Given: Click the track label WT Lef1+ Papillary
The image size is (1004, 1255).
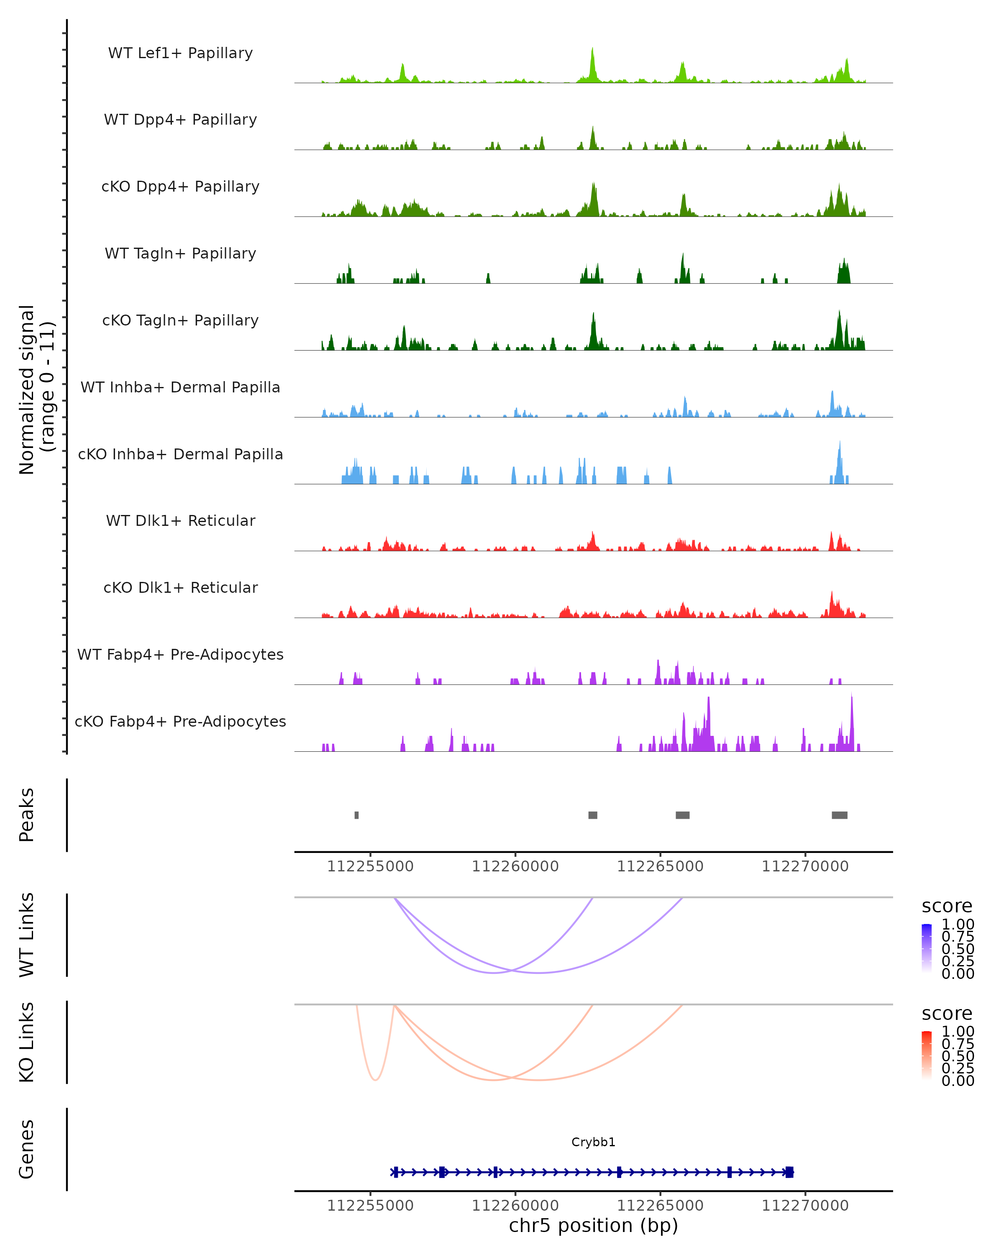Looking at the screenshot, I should tap(180, 53).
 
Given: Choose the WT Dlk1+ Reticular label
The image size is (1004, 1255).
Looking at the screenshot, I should tap(180, 520).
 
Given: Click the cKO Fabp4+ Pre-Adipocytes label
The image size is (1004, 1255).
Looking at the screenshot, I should tap(180, 721).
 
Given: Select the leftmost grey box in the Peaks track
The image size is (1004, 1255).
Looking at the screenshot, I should tap(357, 815).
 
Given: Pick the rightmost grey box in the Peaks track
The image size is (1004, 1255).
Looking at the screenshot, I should tap(839, 815).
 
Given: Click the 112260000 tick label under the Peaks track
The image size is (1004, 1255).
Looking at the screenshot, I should tap(515, 866).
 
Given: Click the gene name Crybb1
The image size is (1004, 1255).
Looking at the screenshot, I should tap(593, 1142).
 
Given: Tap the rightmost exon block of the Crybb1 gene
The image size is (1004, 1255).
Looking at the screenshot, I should tap(789, 1172).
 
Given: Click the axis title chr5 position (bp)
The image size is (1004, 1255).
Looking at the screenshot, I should tap(593, 1225).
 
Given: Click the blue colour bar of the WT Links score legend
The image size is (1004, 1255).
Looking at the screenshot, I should tap(927, 948).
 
